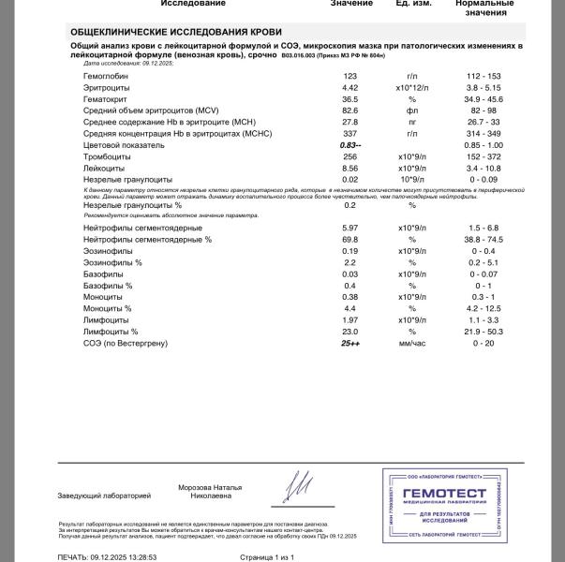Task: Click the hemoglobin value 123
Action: click(x=350, y=76)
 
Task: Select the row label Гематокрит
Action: click(x=106, y=99)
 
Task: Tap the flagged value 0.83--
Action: click(x=350, y=146)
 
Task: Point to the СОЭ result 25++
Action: click(x=350, y=344)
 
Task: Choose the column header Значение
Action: click(x=351, y=4)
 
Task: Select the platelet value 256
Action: click(x=350, y=157)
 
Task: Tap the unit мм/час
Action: click(x=411, y=344)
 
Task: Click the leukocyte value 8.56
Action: click(x=350, y=169)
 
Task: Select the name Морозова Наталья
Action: click(x=210, y=487)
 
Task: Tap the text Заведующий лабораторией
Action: click(x=104, y=495)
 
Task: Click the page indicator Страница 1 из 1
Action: click(x=266, y=556)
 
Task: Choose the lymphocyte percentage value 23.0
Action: click(x=350, y=333)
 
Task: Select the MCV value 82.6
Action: click(x=350, y=111)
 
